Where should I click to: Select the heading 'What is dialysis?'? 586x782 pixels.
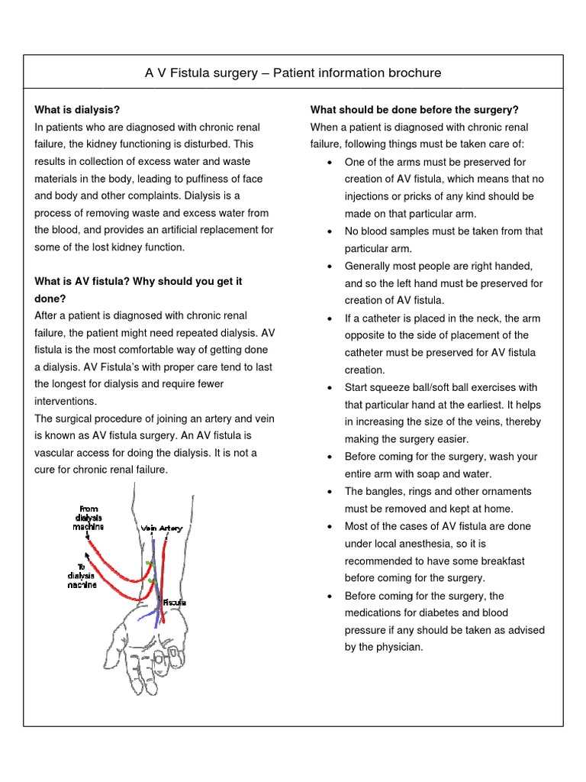77,110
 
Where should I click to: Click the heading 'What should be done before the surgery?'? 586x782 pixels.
414,110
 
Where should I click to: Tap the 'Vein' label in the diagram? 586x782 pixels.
148,528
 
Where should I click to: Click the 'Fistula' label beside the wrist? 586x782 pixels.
173,603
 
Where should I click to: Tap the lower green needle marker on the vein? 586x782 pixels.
152,583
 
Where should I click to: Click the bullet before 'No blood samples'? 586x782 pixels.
328,231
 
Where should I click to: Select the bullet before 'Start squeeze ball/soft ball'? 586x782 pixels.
328,388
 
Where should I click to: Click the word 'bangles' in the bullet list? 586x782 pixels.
386,491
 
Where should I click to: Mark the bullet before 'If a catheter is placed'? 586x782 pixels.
328,318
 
